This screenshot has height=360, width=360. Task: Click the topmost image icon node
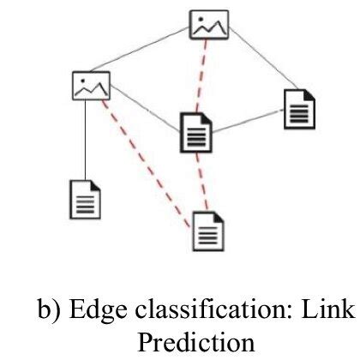coord(209,25)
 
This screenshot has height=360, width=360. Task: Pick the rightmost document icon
coord(300,109)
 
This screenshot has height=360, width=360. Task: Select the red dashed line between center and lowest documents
coord(200,179)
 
